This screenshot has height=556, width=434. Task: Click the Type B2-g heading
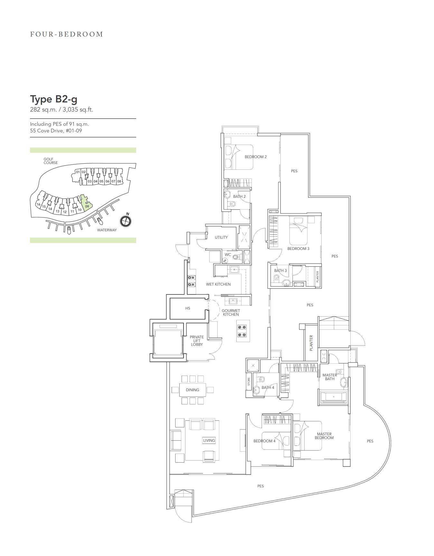coord(54,99)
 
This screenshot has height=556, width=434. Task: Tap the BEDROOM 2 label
coord(256,157)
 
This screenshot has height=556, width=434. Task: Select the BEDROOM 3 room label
coord(298,249)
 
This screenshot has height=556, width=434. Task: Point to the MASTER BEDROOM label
coord(324,436)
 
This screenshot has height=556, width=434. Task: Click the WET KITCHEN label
coord(218,284)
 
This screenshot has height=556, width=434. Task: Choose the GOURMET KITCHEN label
coord(231,312)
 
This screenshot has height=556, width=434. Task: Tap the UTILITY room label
coord(221,237)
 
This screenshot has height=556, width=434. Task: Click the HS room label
coord(188,308)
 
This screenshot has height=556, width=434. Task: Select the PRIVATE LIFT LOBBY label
coord(197,341)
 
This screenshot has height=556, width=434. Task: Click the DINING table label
coord(193,390)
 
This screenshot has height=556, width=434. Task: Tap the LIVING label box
coord(209,440)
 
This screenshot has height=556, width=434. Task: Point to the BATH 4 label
coord(268,388)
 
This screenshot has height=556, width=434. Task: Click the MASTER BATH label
coord(330,377)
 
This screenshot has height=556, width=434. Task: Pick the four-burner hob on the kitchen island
coord(242,331)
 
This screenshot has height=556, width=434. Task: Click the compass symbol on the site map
coord(126,221)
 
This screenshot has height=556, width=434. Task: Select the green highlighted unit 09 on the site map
coord(86,203)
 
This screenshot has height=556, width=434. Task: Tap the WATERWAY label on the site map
coord(107,230)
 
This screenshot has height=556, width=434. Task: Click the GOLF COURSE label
coord(51,161)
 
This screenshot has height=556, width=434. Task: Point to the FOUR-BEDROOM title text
coord(67,34)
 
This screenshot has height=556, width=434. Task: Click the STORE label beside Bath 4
coord(249,382)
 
